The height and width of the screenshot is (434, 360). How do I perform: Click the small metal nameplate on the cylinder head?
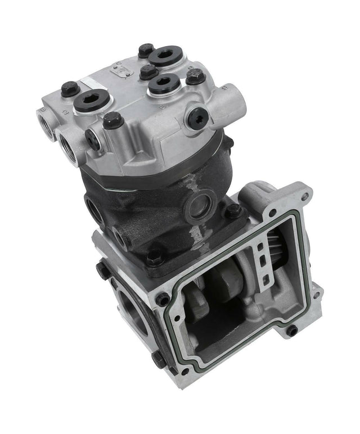coord(123,70)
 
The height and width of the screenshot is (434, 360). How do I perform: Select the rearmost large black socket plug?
coord(164,56)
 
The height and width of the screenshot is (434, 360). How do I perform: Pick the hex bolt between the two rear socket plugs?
coord(148,71)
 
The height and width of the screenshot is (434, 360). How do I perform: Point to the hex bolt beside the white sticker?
coord(69,88)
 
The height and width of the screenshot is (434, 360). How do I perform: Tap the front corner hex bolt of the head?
coord(112,119)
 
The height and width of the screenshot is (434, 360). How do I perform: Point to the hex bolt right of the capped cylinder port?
coord(233,211)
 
